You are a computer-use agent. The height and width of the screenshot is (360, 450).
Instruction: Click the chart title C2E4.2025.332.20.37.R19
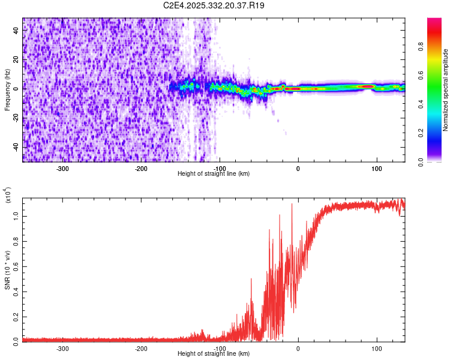coord(214,5)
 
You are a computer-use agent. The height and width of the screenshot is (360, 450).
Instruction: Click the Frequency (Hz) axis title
coord(7,89)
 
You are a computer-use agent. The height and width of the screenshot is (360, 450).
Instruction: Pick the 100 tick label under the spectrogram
coord(377,168)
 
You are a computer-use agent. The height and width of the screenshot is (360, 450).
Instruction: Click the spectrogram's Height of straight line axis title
coord(214,174)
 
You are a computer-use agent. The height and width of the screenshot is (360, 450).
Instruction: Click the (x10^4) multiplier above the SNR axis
coord(8,196)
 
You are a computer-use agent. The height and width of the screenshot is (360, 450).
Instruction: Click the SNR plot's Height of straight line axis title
coord(214,354)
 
